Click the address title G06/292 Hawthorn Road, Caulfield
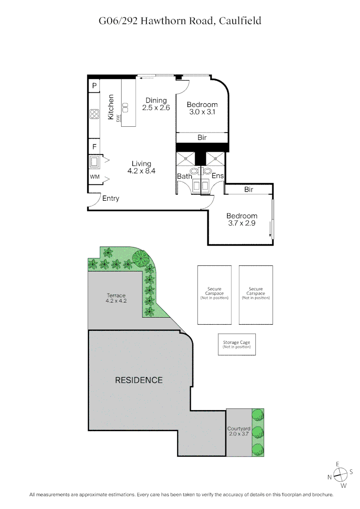(x=180, y=21)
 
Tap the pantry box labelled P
(x=94, y=86)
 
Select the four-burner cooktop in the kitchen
(x=94, y=114)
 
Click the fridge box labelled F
(x=94, y=147)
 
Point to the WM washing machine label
(x=94, y=177)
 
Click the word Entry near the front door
(x=111, y=198)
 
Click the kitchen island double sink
(x=126, y=107)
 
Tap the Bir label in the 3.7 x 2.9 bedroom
(x=249, y=189)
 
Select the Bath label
(x=184, y=176)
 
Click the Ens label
(x=217, y=176)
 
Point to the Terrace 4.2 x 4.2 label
(x=115, y=298)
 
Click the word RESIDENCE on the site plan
(x=139, y=380)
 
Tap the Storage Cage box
(x=237, y=345)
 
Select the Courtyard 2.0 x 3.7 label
(x=238, y=431)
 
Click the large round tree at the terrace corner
(x=140, y=257)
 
